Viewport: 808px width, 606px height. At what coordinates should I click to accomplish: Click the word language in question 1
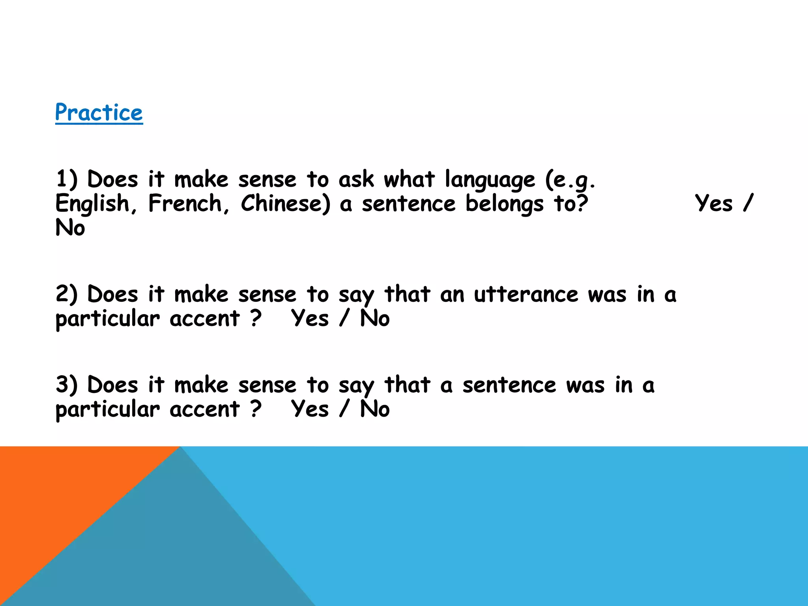coord(490,180)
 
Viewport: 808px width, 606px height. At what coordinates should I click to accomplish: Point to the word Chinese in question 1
coord(285,204)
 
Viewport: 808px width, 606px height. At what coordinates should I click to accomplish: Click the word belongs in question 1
coord(504,204)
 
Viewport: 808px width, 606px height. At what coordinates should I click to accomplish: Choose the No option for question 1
coord(70,228)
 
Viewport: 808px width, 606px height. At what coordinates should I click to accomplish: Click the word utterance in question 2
coord(526,295)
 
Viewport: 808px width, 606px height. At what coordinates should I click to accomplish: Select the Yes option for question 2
coord(310,318)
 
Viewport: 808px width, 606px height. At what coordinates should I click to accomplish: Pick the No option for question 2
coord(374,318)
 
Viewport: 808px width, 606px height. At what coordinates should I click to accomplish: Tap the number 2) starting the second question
coord(66,295)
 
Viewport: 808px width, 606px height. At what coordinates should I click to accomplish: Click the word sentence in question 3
coord(509,385)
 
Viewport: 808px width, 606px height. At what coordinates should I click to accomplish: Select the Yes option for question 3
coord(310,409)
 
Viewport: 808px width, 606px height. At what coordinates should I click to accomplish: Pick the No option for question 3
coord(374,409)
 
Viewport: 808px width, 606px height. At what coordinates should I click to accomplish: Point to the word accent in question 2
coord(204,319)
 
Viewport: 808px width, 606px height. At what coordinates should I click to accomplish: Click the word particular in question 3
coord(107,410)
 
